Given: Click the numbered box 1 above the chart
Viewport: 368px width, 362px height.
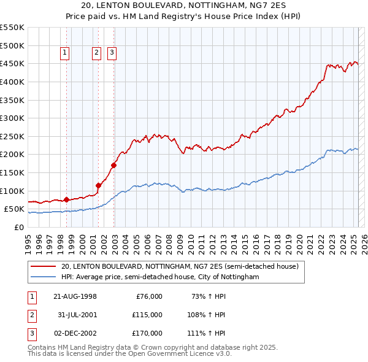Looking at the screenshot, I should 65,53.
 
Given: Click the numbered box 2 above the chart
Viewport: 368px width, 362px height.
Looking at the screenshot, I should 97,53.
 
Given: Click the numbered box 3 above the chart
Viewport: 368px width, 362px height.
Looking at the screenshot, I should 112,53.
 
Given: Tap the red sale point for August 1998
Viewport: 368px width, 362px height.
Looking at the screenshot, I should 66,199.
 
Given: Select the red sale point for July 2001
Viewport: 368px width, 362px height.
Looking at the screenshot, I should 98,185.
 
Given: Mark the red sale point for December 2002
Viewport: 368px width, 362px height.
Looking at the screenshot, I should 113,165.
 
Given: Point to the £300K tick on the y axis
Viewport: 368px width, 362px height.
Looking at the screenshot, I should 13,118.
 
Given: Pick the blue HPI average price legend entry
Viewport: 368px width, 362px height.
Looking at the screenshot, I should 160,277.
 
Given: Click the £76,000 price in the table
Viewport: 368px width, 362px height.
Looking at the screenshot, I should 148,296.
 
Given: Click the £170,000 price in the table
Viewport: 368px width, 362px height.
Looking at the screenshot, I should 147,334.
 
